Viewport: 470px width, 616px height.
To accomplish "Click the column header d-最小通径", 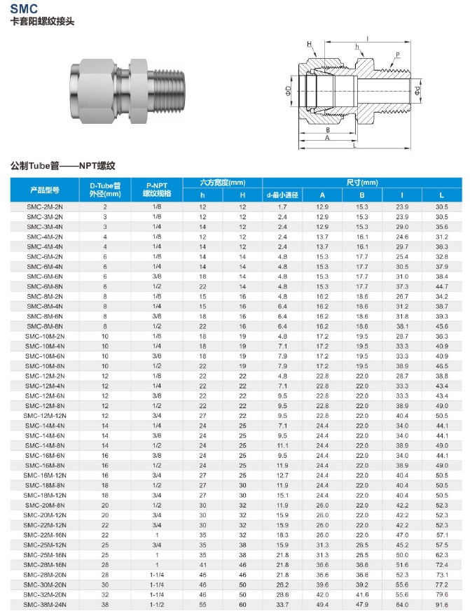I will pyautogui.click(x=282, y=195).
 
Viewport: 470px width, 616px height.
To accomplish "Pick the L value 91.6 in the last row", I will pyautogui.click(x=441, y=604).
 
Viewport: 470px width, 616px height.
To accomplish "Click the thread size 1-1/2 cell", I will pyautogui.click(x=157, y=604).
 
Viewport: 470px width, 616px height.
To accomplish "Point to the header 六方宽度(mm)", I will pyautogui.click(x=223, y=183).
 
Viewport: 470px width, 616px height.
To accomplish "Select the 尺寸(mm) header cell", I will pyautogui.click(x=361, y=183).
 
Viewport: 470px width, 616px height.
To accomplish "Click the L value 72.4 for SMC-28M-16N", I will pyautogui.click(x=441, y=564).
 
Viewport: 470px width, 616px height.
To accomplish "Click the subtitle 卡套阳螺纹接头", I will pyautogui.click(x=42, y=22).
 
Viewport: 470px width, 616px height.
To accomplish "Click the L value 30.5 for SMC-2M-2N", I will pyautogui.click(x=441, y=207).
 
